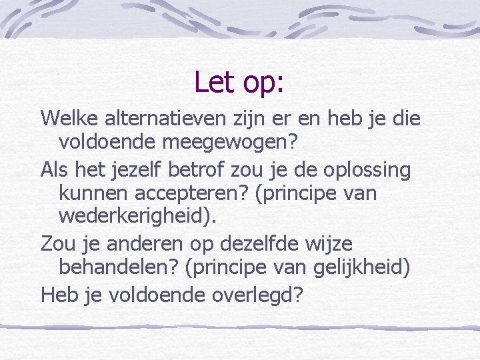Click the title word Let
click(213, 82)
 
